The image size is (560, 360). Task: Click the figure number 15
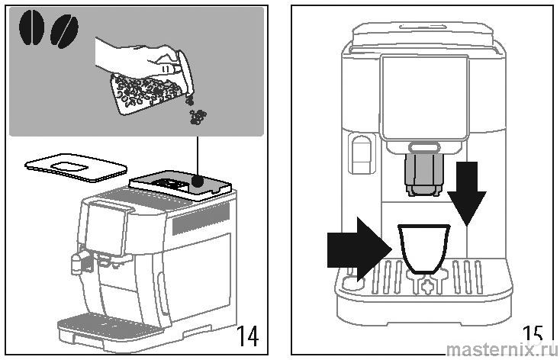click(x=533, y=335)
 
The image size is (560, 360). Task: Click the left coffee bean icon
click(x=32, y=28)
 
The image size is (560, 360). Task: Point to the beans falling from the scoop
click(x=199, y=116)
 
